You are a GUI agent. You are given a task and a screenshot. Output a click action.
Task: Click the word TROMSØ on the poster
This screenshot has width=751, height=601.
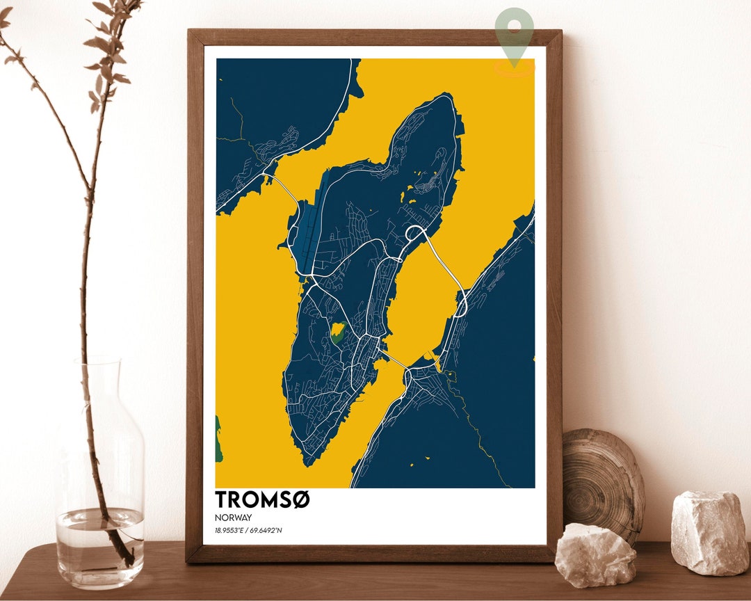coord(262,500)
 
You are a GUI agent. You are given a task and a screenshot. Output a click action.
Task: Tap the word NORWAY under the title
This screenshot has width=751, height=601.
coord(233,518)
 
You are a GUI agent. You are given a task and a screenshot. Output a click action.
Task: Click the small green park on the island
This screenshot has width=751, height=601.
coord(338,332)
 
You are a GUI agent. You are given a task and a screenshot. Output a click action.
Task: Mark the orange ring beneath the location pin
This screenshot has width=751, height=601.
coord(515,67)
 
